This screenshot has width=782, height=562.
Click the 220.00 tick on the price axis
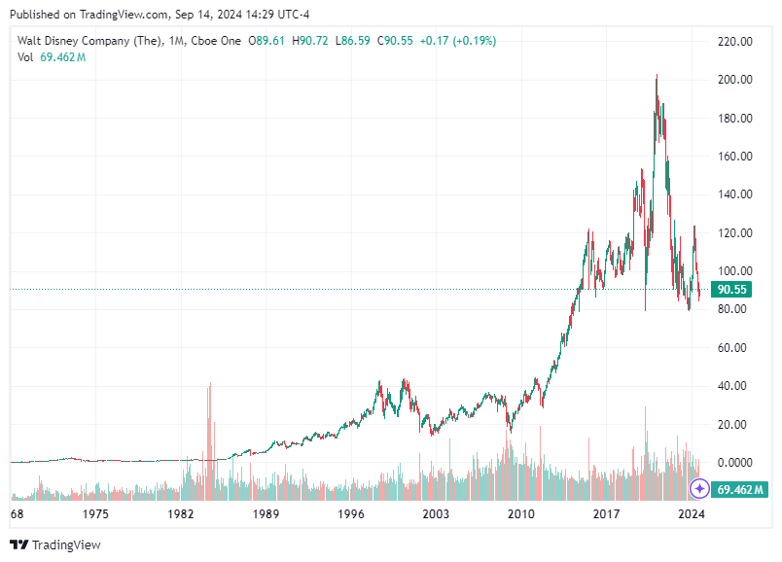coord(735,42)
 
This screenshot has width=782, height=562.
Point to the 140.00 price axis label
coord(735,194)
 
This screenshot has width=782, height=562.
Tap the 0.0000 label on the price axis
coord(735,463)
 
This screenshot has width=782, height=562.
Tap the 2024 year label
coord(692,512)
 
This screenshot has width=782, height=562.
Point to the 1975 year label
coord(95,512)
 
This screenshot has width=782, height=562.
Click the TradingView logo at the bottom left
coord(55,545)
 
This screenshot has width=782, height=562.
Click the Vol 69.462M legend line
coord(52,57)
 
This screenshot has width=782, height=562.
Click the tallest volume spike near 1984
coord(209,389)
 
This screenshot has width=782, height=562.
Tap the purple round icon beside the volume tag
coord(698,488)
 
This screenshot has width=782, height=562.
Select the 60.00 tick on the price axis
coord(735,348)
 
